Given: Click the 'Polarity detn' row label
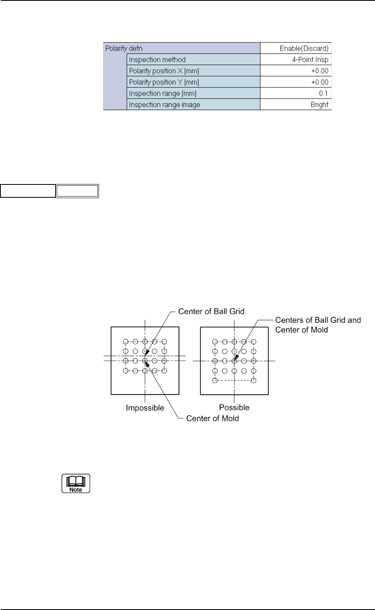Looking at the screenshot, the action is point(124,48).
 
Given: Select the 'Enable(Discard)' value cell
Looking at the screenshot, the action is point(304,48).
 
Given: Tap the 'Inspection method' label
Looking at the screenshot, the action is point(157,59).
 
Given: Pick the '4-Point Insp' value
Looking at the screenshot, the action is point(310,59).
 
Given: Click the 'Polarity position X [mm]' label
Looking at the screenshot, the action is point(164,71).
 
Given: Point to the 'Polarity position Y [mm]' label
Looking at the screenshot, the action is point(164,82).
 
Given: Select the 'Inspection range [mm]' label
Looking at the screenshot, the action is point(163,93).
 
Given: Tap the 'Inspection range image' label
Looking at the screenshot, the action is point(165,104).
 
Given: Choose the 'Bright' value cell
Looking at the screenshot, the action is point(319,104).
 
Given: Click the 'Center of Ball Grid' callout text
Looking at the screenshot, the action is point(211,311).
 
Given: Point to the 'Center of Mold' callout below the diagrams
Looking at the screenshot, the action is point(212,418).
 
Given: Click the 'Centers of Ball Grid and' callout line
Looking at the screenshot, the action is point(318,320).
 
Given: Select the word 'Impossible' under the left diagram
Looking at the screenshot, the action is point(145,408).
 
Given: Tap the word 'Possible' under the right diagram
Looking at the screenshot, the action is point(234,407).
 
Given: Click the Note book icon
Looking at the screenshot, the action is point(76,483).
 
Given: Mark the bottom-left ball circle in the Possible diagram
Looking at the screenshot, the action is point(215,380).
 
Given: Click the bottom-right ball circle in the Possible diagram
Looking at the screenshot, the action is point(253,380).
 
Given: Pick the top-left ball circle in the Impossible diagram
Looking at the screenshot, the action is point(126,342).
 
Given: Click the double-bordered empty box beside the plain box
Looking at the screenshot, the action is point(77,191).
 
